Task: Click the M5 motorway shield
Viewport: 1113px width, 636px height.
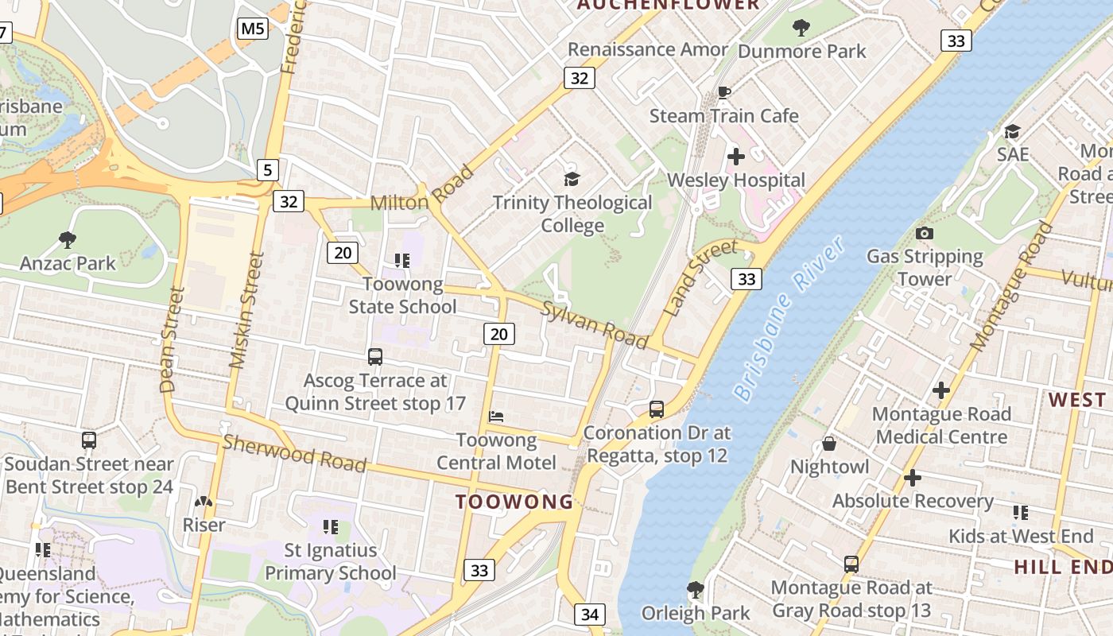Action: point(253,29)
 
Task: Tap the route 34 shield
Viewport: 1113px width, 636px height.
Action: point(589,615)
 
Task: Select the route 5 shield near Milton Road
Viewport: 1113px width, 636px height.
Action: point(268,169)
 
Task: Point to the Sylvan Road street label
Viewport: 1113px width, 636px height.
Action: point(594,324)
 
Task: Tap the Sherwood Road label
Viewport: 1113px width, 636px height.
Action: point(294,453)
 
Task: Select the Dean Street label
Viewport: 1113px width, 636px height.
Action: point(172,339)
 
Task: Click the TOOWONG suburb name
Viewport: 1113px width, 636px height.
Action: point(514,502)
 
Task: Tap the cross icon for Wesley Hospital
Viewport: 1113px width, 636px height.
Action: point(736,156)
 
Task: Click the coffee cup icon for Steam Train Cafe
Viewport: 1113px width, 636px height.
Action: point(723,92)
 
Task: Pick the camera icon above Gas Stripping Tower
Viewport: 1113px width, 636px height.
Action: point(924,233)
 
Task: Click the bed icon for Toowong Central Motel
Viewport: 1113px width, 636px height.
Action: point(496,416)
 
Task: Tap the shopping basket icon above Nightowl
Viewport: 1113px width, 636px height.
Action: point(829,444)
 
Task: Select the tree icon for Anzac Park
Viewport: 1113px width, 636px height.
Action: point(68,238)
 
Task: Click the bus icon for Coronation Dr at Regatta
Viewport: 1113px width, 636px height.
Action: point(657,409)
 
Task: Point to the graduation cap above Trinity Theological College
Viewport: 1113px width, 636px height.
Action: point(572,179)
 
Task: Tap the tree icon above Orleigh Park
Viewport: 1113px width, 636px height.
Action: point(695,589)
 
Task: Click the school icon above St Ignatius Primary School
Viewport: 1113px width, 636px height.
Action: point(330,526)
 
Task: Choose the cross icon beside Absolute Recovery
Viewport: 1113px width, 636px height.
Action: point(913,478)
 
